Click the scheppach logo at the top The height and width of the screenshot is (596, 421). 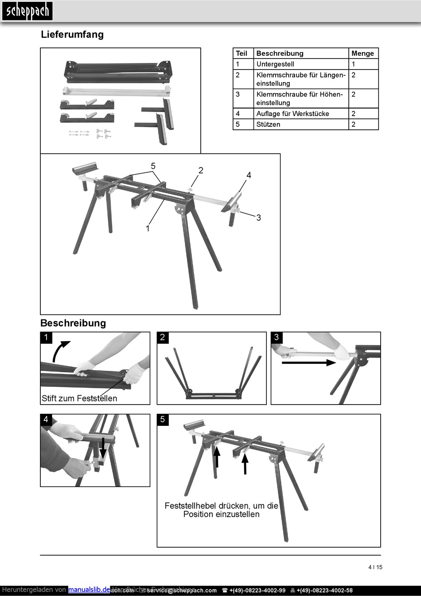coord(27,11)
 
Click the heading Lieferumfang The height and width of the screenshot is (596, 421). coord(72,35)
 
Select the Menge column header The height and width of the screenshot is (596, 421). coord(363,53)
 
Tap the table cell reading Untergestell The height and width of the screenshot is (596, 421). coord(275,64)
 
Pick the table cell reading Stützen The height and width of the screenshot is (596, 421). coord(268,125)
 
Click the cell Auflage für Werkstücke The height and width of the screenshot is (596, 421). coord(292,114)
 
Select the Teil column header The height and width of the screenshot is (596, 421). coord(242,53)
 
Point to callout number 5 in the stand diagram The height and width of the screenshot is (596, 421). coord(153,166)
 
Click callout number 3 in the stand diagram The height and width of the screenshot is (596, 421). coord(258,218)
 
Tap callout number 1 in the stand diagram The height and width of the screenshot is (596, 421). coord(148,229)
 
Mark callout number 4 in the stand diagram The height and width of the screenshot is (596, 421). coord(249,175)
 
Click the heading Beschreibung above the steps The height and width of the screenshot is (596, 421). coord(73,323)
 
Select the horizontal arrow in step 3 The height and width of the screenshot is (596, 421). coord(309,362)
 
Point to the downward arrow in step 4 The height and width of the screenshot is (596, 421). coord(103,448)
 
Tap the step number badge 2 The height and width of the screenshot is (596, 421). coord(163,337)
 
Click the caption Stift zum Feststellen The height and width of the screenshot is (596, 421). coord(79,398)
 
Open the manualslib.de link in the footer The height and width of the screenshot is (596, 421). coord(89,590)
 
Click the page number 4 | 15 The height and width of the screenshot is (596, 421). coord(375,567)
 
